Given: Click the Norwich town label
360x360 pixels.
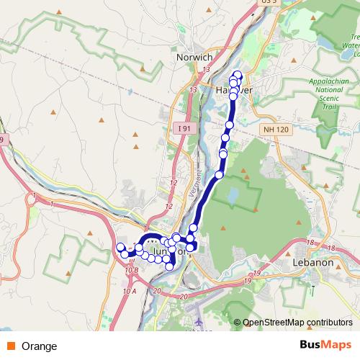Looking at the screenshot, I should click(x=194, y=57).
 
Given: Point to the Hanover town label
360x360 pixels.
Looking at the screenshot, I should click(x=232, y=91).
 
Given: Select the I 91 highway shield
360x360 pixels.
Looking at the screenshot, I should click(x=185, y=127).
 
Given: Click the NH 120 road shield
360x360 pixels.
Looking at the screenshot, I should click(x=271, y=127).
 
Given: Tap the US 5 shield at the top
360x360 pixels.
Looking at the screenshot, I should click(x=269, y=2).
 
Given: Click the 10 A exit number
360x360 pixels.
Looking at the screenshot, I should click(x=129, y=292).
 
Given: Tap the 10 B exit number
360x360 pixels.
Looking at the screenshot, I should click(x=131, y=270).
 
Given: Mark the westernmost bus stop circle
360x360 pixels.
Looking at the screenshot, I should click(x=120, y=248).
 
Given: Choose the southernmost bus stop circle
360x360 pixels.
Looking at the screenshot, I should click(x=169, y=266).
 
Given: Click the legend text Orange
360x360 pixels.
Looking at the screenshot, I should click(x=40, y=346).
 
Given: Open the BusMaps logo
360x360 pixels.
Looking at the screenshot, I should click(x=325, y=346).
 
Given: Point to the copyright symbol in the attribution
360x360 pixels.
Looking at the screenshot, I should click(x=237, y=323).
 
